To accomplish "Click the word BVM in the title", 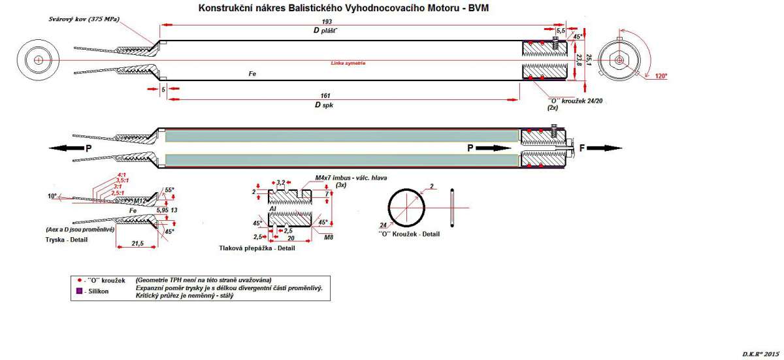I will click(x=476, y=9).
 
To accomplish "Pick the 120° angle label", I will click(x=661, y=76).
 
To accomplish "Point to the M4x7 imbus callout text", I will click(x=346, y=178).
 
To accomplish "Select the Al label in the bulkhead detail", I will click(x=272, y=208).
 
